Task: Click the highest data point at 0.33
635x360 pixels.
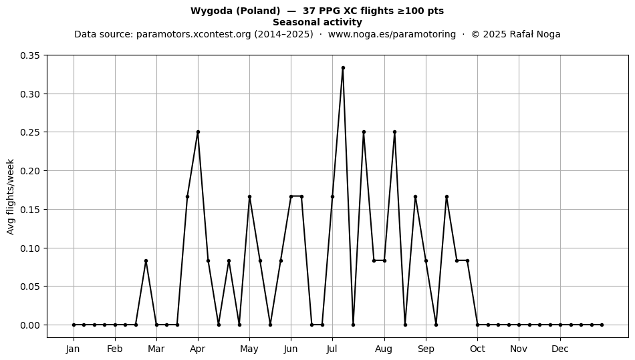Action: [343, 68]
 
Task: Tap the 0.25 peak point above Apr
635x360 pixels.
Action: [198, 132]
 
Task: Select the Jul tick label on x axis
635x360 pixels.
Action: [332, 349]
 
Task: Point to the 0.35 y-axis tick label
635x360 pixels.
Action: [30, 55]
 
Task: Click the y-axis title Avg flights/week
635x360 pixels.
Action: [11, 196]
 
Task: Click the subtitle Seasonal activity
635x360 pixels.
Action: [317, 22]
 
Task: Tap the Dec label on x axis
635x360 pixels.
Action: [561, 349]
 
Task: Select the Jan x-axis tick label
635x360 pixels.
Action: [74, 349]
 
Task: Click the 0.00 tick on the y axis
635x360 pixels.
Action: [30, 325]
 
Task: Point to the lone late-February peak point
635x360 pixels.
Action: [146, 261]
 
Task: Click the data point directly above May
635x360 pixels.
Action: [249, 196]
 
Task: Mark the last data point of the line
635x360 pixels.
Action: [602, 325]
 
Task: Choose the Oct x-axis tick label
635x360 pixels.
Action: [477, 349]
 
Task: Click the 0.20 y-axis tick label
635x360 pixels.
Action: [30, 171]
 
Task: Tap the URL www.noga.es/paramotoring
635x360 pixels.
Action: [392, 34]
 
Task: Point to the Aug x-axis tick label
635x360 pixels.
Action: [384, 349]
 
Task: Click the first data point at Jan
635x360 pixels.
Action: [74, 325]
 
